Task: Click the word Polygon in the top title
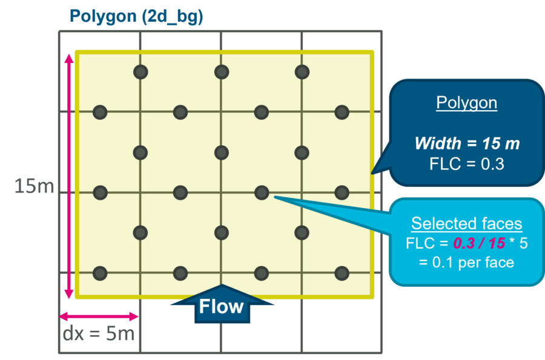pyautogui.click(x=103, y=16)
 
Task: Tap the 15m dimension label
pyautogui.click(x=34, y=186)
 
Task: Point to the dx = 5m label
pyautogui.click(x=99, y=333)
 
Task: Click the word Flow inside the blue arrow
pyautogui.click(x=222, y=307)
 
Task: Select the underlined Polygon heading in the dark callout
pyautogui.click(x=466, y=103)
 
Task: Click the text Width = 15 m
pyautogui.click(x=466, y=144)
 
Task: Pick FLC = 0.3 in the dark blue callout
pyautogui.click(x=466, y=164)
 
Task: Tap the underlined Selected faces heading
pyautogui.click(x=466, y=224)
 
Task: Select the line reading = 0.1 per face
pyautogui.click(x=466, y=263)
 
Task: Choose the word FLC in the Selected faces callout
pyautogui.click(x=419, y=243)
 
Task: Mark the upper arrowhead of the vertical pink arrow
pyautogui.click(x=69, y=58)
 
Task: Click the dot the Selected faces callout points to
pyautogui.click(x=262, y=192)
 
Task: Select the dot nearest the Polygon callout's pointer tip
pyautogui.click(x=342, y=192)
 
